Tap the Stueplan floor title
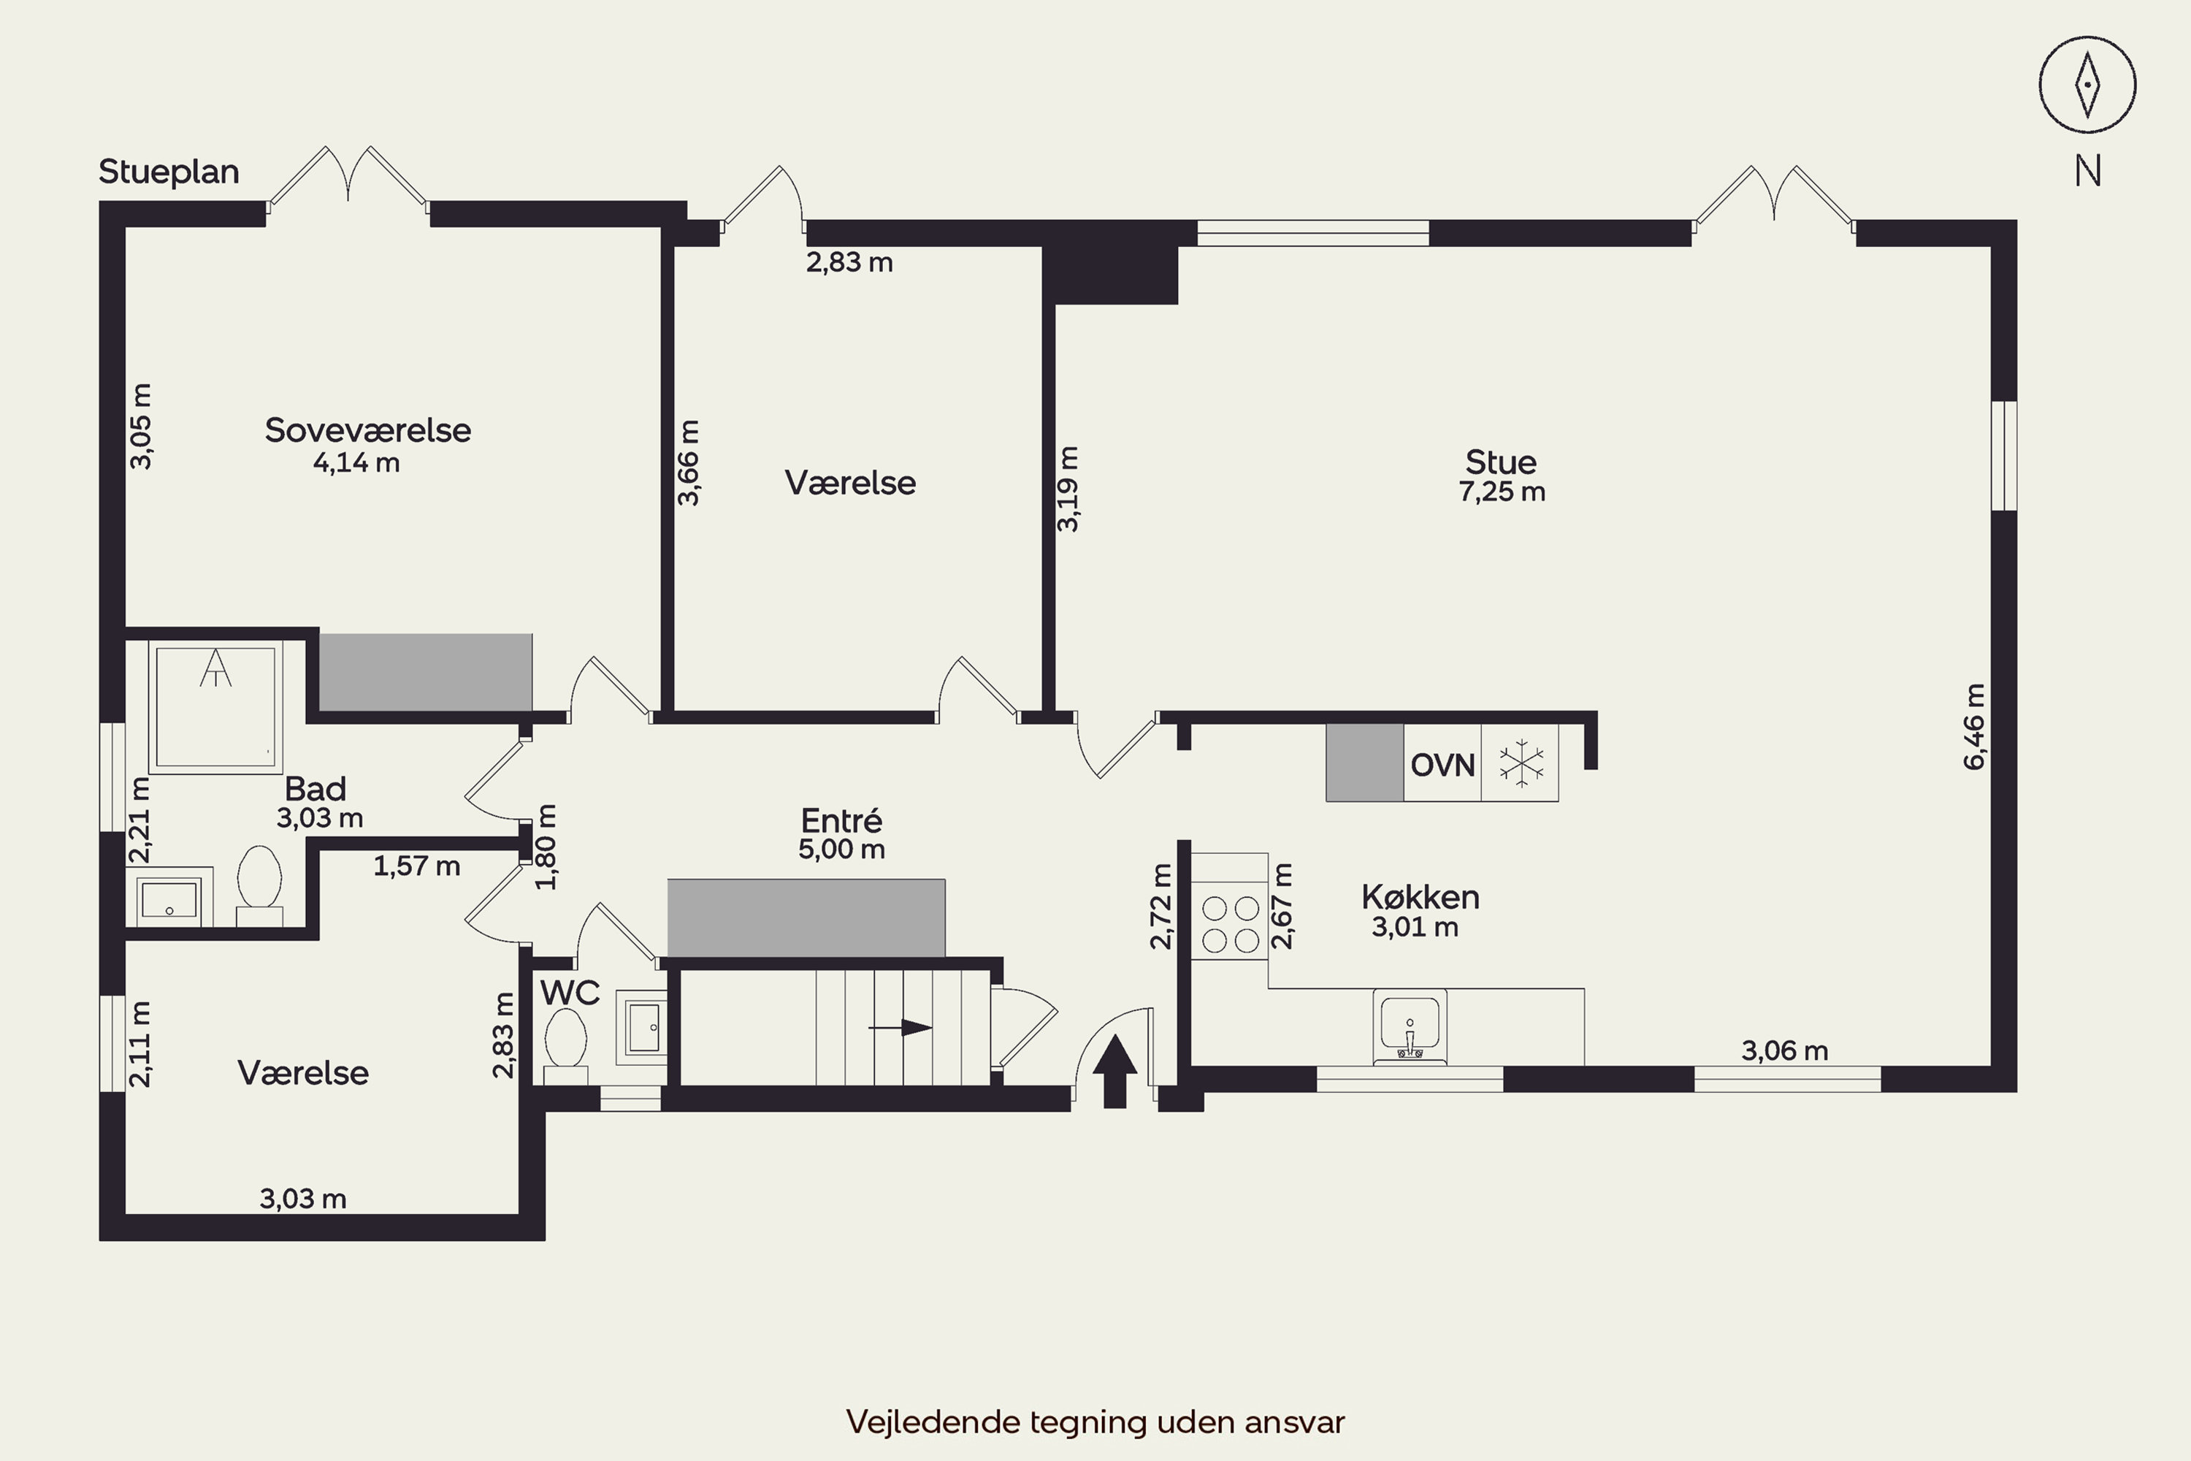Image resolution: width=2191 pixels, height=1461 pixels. (x=169, y=172)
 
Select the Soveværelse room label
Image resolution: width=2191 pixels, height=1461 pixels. (x=368, y=430)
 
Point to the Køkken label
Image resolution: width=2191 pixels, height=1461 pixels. (x=1420, y=896)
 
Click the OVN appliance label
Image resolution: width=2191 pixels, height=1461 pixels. (x=1442, y=765)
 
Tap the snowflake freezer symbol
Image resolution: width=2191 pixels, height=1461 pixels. (x=1521, y=763)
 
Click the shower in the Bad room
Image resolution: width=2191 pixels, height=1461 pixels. (x=215, y=707)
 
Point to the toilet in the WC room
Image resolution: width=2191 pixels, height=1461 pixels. (x=565, y=1045)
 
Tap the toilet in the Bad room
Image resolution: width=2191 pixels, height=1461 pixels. (x=260, y=885)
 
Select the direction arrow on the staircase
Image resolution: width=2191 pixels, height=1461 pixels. (x=900, y=1028)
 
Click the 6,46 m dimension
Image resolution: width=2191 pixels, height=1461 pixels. (x=1974, y=727)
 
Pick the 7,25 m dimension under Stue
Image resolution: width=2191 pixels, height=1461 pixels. (x=1502, y=491)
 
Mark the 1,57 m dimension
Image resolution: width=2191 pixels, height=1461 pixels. (x=416, y=866)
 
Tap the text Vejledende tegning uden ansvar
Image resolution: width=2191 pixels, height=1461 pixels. (x=1095, y=1422)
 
